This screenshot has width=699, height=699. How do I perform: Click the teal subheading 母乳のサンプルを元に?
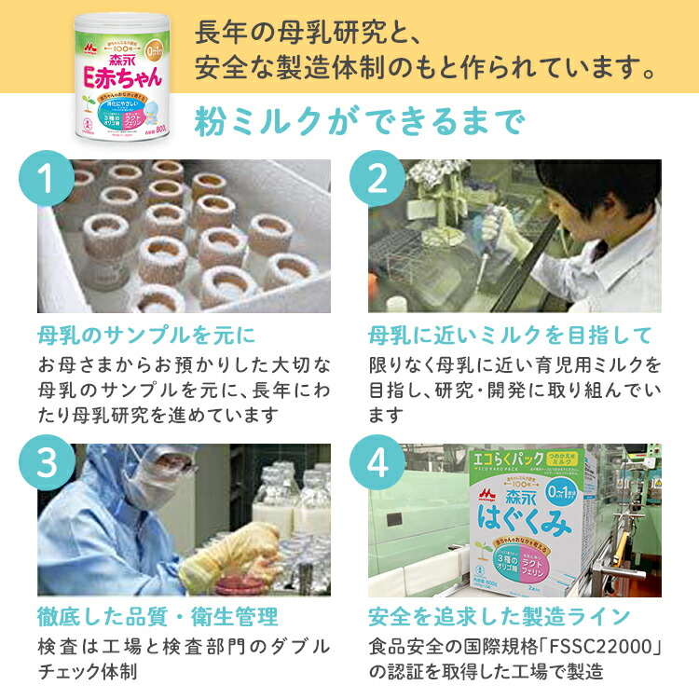[x=146, y=334]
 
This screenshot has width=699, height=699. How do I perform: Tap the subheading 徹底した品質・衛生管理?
[x=158, y=617]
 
